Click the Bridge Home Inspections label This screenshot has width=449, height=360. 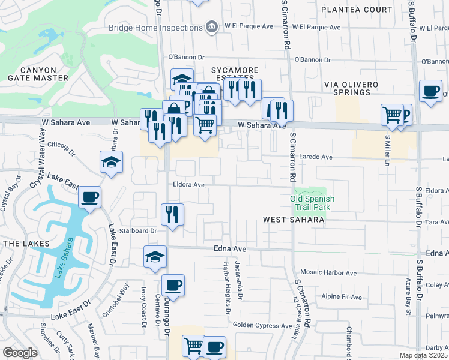tap(155, 28)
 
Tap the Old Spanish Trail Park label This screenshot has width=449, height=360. tap(312, 203)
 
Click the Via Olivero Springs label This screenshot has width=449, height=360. tap(355, 88)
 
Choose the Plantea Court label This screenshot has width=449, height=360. tap(356, 10)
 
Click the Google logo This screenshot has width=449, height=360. tap(20, 353)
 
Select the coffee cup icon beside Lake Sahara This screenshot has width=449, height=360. tap(90, 197)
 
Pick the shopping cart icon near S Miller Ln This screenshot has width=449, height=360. tap(392, 113)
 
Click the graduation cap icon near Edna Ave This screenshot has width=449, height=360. tap(155, 256)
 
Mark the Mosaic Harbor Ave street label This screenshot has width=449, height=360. tap(328, 273)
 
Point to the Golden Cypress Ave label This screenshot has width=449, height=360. tap(262, 325)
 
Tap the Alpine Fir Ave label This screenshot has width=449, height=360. tap(342, 297)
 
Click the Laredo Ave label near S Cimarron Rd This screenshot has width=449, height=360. tap(316, 157)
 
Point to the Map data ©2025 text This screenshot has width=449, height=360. tap(424, 355)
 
